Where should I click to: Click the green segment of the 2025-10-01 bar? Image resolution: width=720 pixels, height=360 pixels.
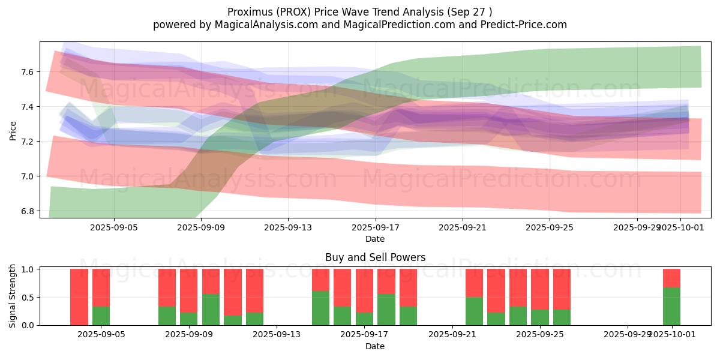[671, 306]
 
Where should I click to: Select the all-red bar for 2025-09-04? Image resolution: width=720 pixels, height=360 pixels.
[79, 297]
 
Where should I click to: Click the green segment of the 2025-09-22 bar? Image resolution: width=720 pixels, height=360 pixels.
[475, 311]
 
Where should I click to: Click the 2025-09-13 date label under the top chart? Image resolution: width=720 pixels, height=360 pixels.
[287, 227]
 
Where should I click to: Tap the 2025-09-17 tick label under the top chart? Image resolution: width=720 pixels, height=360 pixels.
[375, 227]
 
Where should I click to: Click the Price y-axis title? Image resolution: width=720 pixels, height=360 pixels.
[13, 130]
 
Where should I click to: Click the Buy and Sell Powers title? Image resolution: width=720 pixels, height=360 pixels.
[375, 257]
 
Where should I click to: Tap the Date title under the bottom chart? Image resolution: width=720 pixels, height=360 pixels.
[375, 346]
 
